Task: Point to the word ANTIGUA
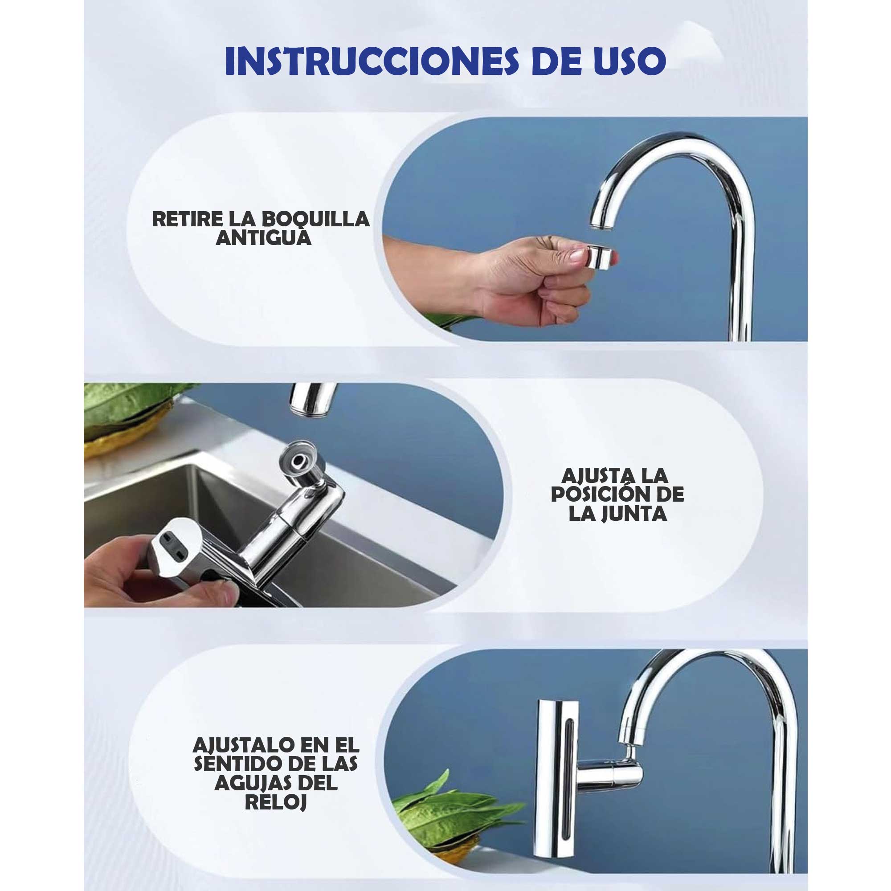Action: (263, 238)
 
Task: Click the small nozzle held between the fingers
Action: (601, 257)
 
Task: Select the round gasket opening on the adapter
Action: (298, 459)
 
